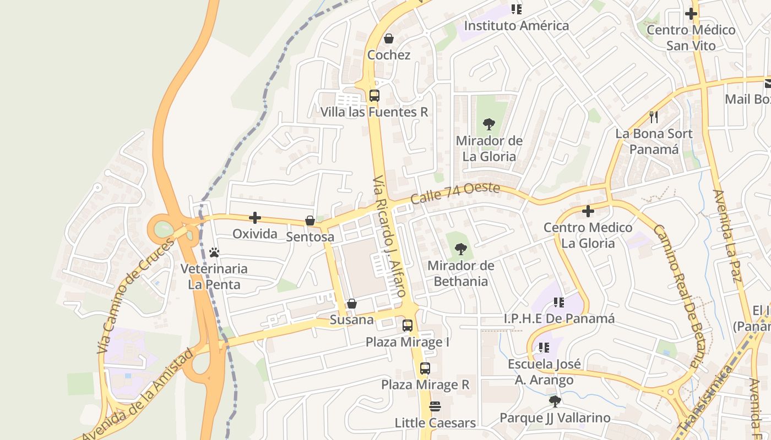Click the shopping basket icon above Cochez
click(388, 38)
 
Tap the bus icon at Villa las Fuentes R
click(374, 95)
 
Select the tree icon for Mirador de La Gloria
click(488, 124)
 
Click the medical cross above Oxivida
click(255, 217)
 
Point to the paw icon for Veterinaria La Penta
click(214, 252)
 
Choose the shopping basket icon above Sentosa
click(310, 221)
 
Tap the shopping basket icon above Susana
click(351, 304)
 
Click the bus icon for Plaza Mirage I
click(408, 326)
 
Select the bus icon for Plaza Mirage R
click(425, 369)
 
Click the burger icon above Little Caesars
click(435, 406)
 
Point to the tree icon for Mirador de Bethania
click(460, 249)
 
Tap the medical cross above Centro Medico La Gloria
click(588, 211)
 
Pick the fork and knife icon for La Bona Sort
click(654, 117)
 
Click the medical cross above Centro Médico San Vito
click(691, 13)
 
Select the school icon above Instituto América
click(516, 9)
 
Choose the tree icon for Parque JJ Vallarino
click(555, 401)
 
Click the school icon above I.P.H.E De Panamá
click(559, 302)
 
